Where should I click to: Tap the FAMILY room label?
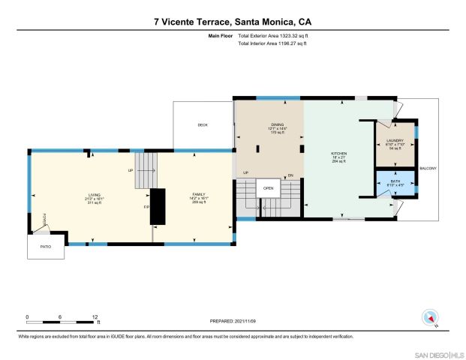coord(199,194)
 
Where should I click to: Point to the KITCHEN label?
coord(339,153)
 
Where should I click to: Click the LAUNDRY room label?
coord(395,140)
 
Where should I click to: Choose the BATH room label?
coord(395,181)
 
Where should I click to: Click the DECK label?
coord(203,125)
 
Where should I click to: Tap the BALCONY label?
coord(428,167)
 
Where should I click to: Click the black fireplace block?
coord(158,205)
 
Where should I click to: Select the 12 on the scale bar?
coord(96,316)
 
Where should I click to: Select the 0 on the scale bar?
coord(27,316)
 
